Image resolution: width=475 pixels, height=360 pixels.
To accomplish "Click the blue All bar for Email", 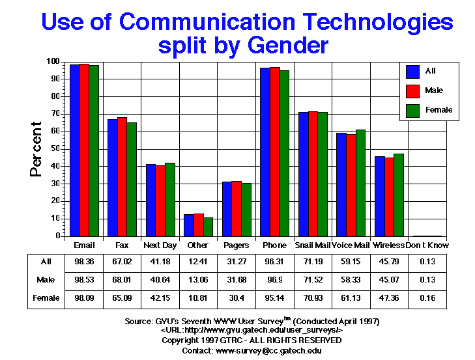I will tap(74, 150).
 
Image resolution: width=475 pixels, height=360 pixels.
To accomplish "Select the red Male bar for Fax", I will tap(122, 176).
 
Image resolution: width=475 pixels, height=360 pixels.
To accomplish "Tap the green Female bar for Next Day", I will tap(170, 199).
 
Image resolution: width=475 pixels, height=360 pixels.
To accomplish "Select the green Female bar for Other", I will tap(208, 227).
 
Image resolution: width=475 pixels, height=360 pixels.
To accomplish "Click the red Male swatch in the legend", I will tap(412, 90).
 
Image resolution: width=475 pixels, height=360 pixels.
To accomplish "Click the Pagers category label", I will tap(236, 245).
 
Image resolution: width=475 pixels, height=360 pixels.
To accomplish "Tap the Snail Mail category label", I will tap(313, 245).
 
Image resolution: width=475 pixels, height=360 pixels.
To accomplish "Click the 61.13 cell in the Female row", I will tap(351, 298).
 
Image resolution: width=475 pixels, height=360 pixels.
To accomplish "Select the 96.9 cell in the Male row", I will tap(274, 281).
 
